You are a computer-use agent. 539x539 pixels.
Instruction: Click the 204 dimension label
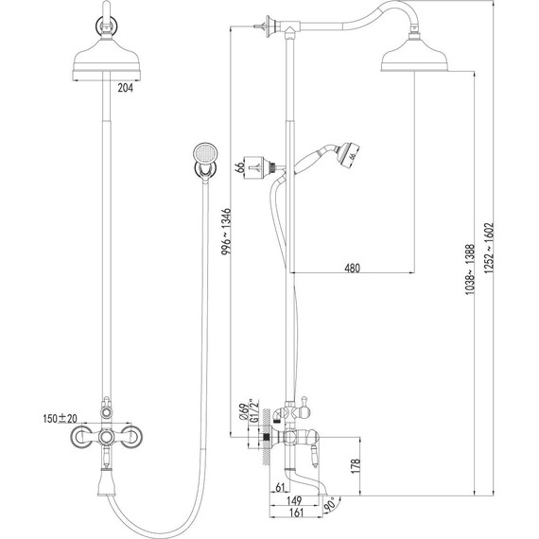[x=125, y=88]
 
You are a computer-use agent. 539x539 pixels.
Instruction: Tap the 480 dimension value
[x=352, y=268]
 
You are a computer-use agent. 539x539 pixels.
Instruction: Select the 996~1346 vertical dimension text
[x=227, y=231]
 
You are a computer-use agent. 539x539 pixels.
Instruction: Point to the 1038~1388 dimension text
[x=470, y=269]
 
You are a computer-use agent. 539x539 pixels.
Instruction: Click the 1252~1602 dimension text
[x=489, y=248]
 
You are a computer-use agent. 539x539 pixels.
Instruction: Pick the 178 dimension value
[x=356, y=466]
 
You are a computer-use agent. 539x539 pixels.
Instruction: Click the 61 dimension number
[x=281, y=487]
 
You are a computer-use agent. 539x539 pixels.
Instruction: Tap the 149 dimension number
[x=294, y=500]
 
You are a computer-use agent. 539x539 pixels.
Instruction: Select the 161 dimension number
[x=296, y=513]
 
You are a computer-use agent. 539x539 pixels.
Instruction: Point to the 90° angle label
[x=330, y=503]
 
